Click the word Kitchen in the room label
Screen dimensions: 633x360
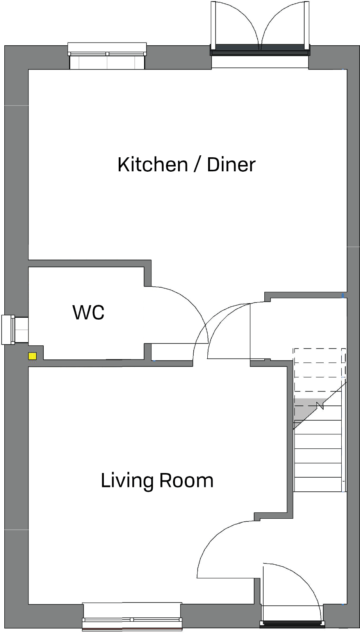click(153, 165)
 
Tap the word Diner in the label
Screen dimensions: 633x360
click(231, 165)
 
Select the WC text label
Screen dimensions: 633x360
click(89, 313)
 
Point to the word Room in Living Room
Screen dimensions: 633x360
click(186, 481)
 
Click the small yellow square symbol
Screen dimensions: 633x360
click(32, 356)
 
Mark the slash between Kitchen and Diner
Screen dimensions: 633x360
click(198, 165)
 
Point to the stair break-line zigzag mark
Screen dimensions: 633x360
click(321, 406)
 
